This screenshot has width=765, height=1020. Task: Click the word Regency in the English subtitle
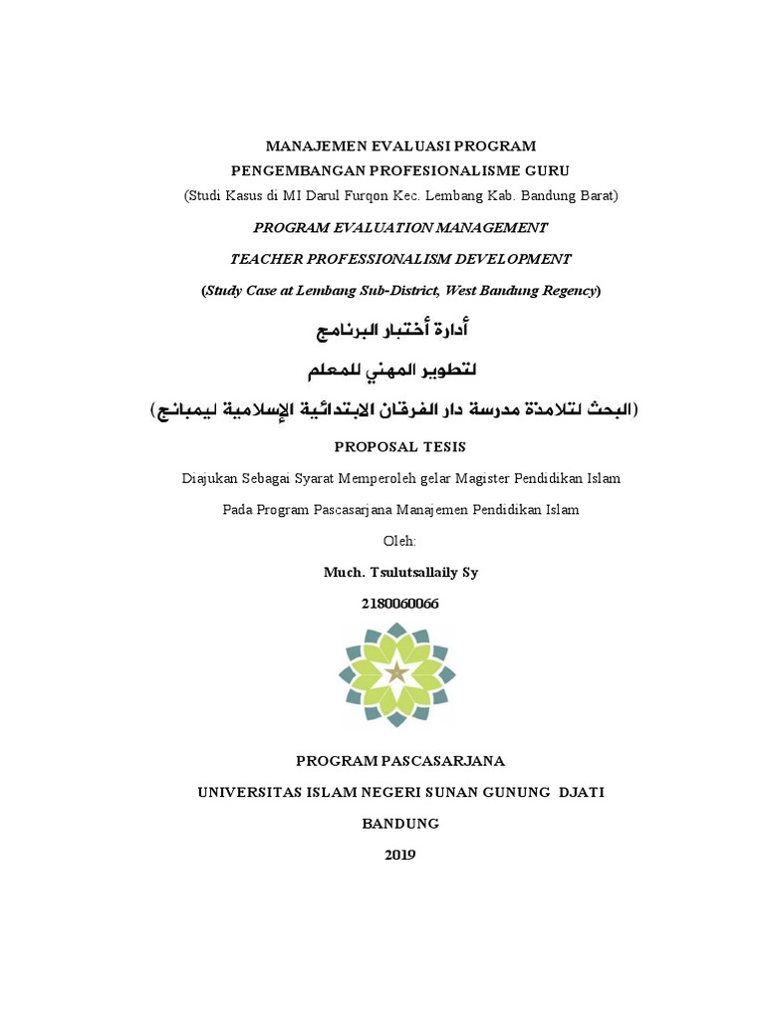pos(566,291)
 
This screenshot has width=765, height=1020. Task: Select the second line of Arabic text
pos(391,370)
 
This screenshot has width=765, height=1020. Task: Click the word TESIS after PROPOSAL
pos(439,446)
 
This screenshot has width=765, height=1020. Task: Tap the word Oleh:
pos(399,541)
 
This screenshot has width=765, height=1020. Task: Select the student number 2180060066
pos(398,604)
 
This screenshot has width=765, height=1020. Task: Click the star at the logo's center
pos(397,672)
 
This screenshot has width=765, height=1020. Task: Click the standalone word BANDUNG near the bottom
pos(399,824)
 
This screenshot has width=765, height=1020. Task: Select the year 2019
pos(399,855)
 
